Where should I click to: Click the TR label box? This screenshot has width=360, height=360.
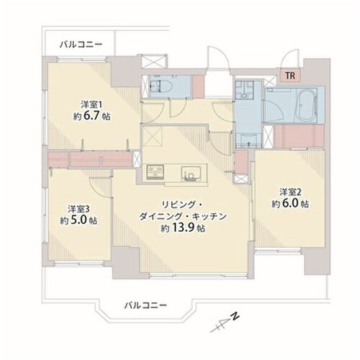point(290,76)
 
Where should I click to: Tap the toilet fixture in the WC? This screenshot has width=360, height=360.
point(161,86)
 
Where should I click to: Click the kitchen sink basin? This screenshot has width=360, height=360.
point(191,174)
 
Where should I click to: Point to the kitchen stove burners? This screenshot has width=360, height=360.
point(156,172)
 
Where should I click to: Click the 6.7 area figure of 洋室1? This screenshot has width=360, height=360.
point(91,116)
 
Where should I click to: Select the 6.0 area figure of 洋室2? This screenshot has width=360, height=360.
point(290,204)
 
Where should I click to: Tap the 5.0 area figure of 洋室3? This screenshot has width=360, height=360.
point(78,220)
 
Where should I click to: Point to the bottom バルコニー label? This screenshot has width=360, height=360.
point(145,305)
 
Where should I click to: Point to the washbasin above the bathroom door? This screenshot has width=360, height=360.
point(244,90)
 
